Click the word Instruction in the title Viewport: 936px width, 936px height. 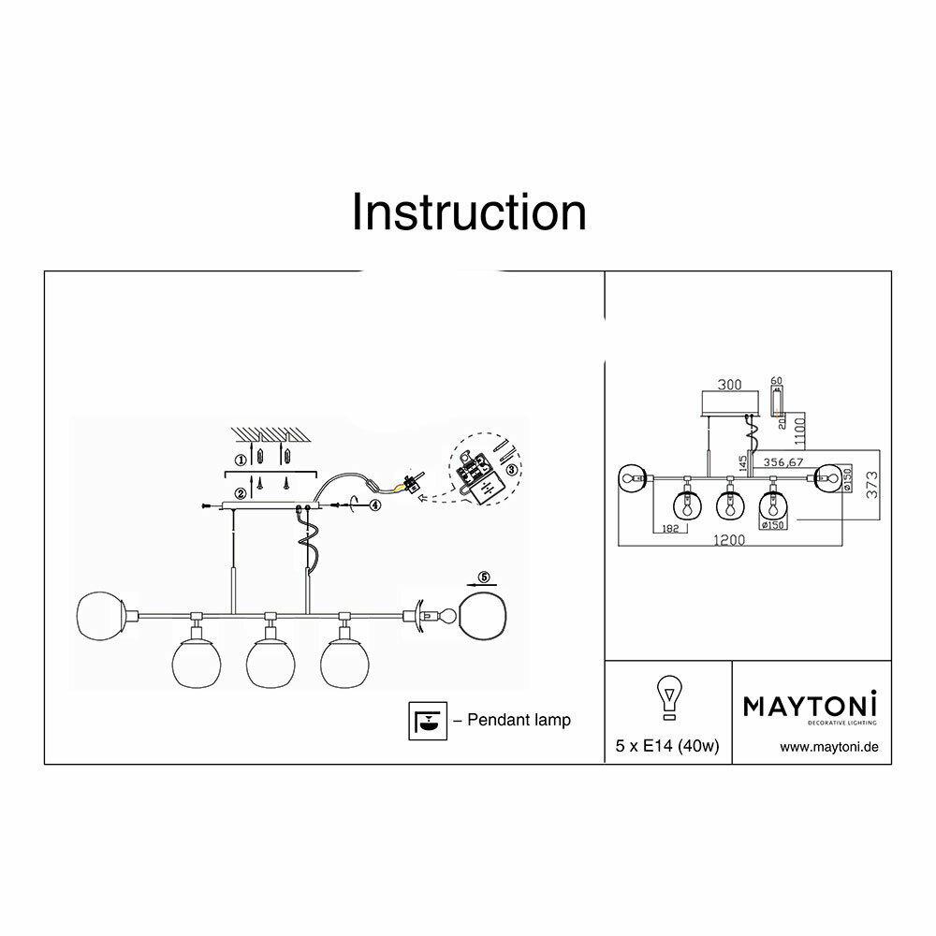pyautogui.click(x=469, y=212)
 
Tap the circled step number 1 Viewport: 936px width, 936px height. pyautogui.click(x=241, y=461)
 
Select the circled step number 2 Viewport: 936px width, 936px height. pyautogui.click(x=241, y=492)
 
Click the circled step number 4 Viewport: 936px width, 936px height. pyautogui.click(x=374, y=505)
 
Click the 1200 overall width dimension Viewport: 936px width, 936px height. pyautogui.click(x=731, y=541)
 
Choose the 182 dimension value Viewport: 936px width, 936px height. pyautogui.click(x=668, y=529)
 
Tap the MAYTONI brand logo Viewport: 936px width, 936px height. pyautogui.click(x=811, y=705)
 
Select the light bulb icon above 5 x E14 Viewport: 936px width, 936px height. pyautogui.click(x=667, y=697)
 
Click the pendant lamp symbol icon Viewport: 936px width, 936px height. pyautogui.click(x=427, y=720)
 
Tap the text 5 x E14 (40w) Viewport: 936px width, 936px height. pyautogui.click(x=666, y=747)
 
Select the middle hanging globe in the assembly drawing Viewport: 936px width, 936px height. pyautogui.click(x=271, y=661)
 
